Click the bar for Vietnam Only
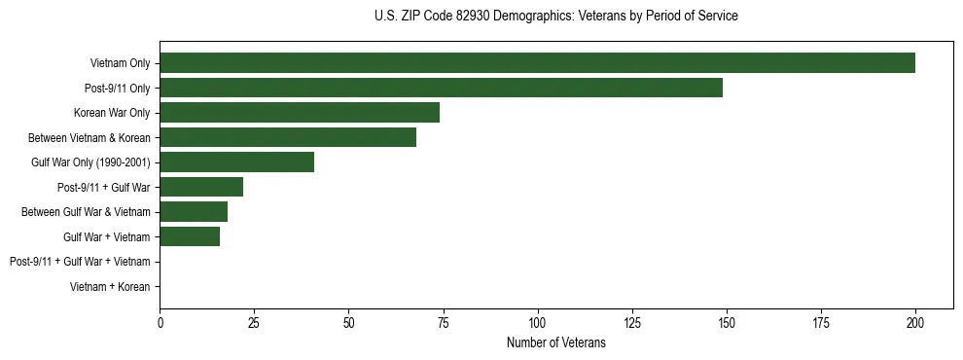click(x=537, y=63)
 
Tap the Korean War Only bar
click(x=300, y=112)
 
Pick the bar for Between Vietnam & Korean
click(x=288, y=137)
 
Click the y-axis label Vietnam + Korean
click(x=110, y=287)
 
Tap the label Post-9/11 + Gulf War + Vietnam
click(x=80, y=262)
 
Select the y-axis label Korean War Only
click(x=112, y=113)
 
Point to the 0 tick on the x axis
click(x=160, y=322)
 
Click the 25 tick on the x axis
click(x=254, y=322)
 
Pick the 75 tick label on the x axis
click(x=443, y=322)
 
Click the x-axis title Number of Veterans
click(x=555, y=342)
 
